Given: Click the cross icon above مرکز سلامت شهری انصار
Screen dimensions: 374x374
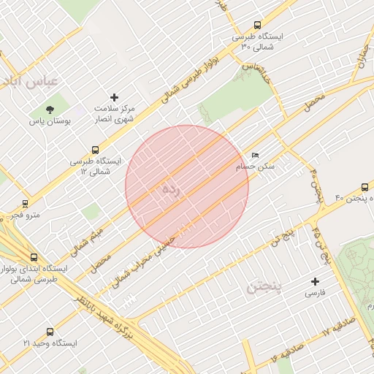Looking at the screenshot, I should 114,97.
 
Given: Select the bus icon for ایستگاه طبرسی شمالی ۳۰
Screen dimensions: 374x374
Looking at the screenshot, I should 256,26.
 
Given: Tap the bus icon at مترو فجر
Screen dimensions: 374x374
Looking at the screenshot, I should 26,205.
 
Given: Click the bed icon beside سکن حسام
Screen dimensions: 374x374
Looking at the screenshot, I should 254,156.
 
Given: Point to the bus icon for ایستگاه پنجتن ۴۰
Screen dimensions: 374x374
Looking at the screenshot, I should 365,188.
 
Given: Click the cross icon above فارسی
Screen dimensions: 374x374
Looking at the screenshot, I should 316,281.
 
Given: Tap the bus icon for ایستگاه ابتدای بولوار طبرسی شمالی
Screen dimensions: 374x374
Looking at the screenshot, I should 34,257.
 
